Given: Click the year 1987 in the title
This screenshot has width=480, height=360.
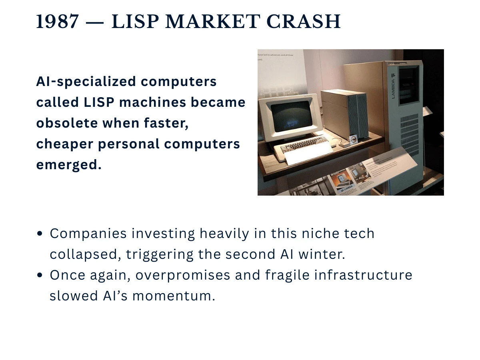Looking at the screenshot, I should click(57, 22).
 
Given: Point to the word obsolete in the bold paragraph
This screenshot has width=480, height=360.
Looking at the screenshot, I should click(68, 123).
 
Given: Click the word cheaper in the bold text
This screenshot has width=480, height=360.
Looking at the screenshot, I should click(64, 144).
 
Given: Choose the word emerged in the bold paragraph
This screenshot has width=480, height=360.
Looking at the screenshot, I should click(68, 164).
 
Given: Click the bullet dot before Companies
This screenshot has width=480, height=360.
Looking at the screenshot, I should click(40, 234).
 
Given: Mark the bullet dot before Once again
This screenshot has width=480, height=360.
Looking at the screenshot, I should click(40, 275).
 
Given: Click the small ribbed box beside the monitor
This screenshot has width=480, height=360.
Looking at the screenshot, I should click(345, 114).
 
